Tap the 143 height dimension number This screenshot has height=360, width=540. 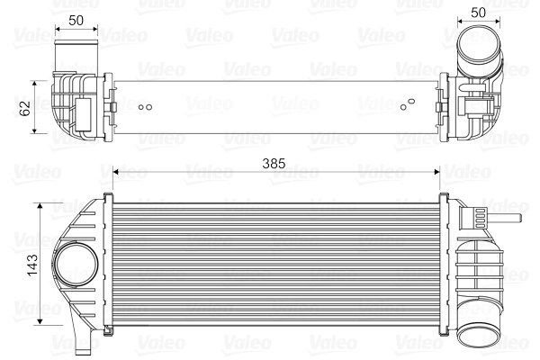click(33, 265)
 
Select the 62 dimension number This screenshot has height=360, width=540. click(26, 107)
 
